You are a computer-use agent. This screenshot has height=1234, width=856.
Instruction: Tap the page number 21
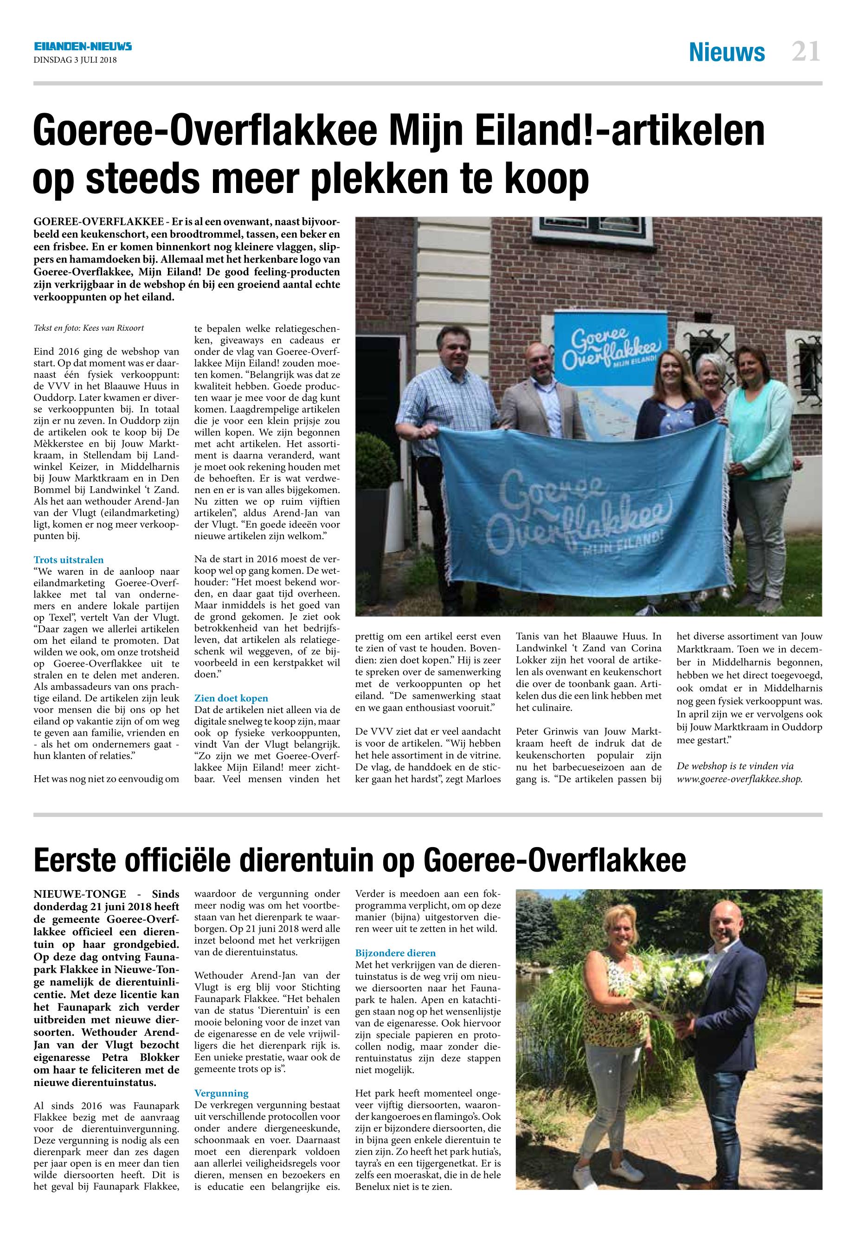pyautogui.click(x=805, y=52)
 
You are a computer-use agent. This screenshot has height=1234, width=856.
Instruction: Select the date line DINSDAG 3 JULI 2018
pyautogui.click(x=75, y=60)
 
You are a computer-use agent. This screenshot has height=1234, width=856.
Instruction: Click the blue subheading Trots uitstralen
pyautogui.click(x=69, y=560)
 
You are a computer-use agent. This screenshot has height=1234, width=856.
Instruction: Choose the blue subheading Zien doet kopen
pyautogui.click(x=231, y=698)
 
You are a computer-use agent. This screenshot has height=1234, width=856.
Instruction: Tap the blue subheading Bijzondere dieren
pyautogui.click(x=395, y=953)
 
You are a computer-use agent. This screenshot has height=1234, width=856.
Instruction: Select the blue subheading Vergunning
pyautogui.click(x=221, y=1093)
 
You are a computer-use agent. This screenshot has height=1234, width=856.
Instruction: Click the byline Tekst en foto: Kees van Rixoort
pyautogui.click(x=89, y=328)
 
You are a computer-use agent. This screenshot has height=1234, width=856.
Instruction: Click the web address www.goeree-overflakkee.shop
pyautogui.click(x=740, y=779)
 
